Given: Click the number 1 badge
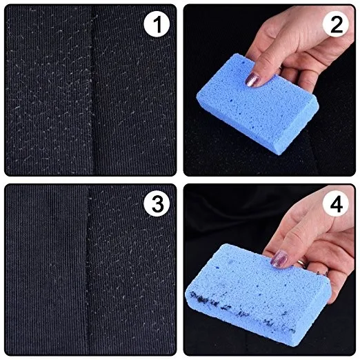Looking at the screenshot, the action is pyautogui.click(x=157, y=24).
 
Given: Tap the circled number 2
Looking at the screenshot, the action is pyautogui.click(x=336, y=24).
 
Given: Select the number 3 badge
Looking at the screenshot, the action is pyautogui.click(x=157, y=203).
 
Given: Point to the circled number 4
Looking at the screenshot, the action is pyautogui.click(x=336, y=203).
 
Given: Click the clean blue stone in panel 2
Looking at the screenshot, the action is pyautogui.click(x=257, y=103).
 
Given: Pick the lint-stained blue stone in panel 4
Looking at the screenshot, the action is pyautogui.click(x=257, y=294).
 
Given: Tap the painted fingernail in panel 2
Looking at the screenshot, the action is pyautogui.click(x=252, y=79).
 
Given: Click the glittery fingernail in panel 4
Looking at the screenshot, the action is pyautogui.click(x=279, y=259).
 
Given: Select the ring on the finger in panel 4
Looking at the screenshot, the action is pyautogui.click(x=302, y=263).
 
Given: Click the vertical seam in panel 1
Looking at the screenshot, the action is pyautogui.click(x=93, y=90).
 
